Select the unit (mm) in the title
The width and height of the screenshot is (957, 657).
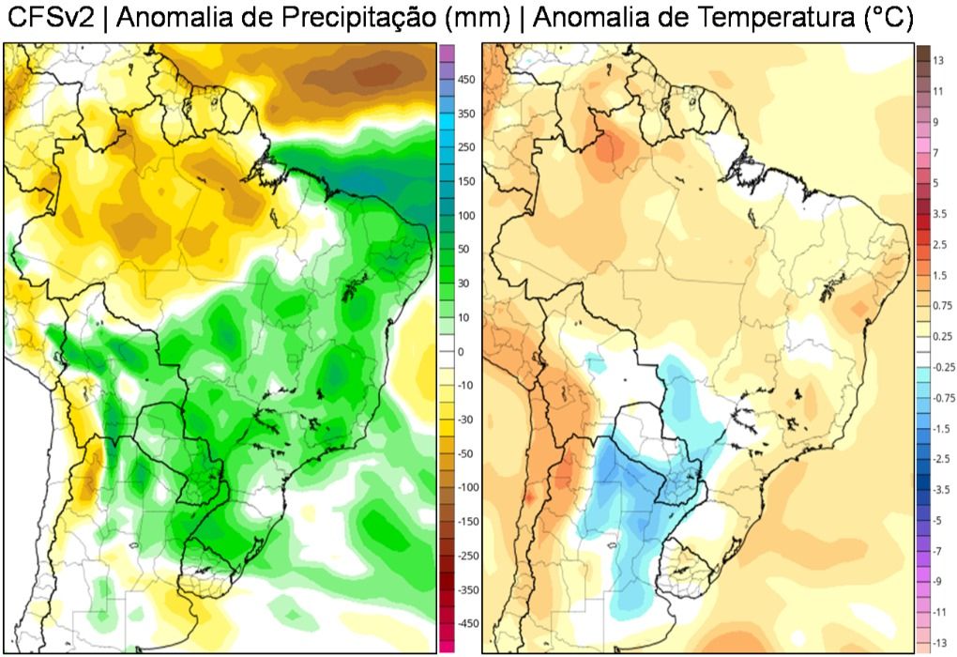point(480,19)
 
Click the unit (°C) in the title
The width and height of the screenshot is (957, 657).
point(888,19)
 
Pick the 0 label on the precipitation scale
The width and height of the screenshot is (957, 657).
point(461,351)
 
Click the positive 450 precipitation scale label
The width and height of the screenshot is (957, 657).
point(466,81)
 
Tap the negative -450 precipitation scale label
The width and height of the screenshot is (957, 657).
point(468,622)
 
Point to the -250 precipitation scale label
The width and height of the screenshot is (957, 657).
point(468,555)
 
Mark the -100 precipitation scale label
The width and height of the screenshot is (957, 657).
point(468,487)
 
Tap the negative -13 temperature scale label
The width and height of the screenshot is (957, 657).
point(939,641)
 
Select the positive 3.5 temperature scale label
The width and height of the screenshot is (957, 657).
point(940,213)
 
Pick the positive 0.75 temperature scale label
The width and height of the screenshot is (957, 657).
point(942,305)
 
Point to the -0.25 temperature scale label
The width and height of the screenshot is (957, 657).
point(943,366)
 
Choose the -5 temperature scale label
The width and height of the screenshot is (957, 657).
point(937,519)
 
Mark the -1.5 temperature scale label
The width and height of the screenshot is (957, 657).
point(941,427)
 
